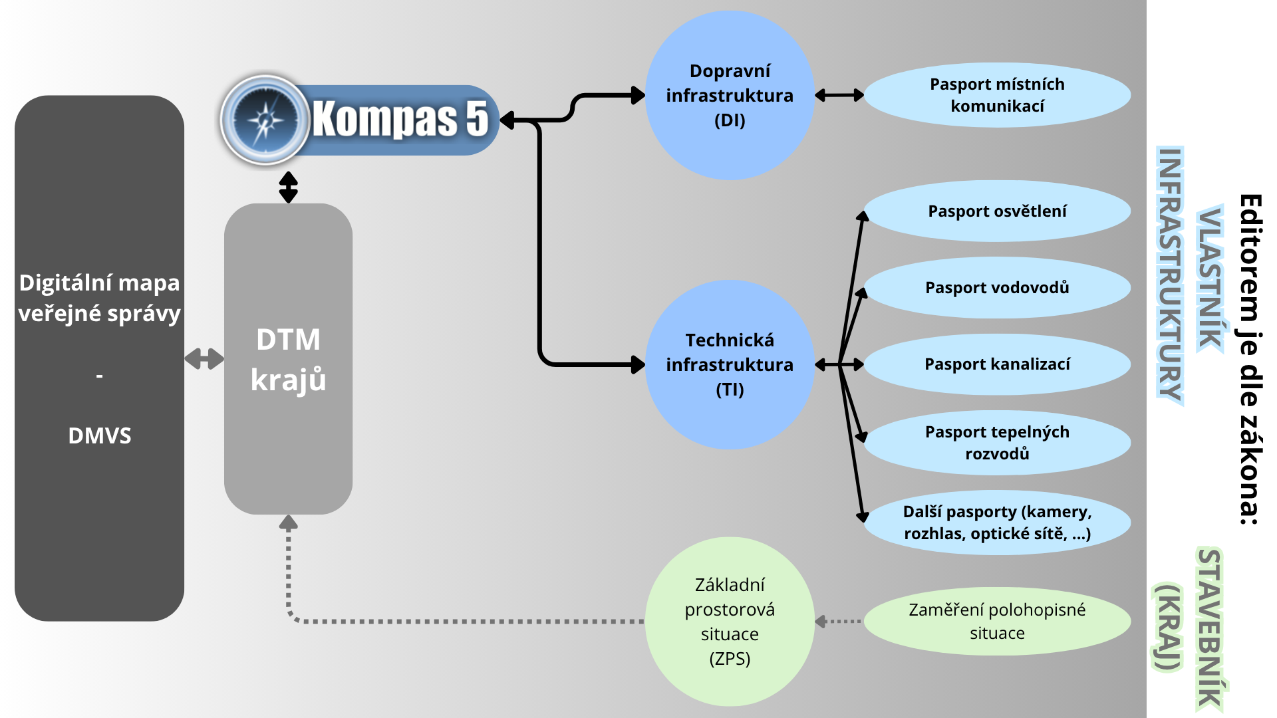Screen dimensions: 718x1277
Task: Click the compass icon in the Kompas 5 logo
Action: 265,120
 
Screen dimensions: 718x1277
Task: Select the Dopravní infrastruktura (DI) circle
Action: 730,95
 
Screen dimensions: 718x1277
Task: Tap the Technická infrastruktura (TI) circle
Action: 730,364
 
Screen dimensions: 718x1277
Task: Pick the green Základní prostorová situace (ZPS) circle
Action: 730,622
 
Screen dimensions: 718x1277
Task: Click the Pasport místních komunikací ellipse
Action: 997,95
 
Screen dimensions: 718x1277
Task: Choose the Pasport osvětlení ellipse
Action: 997,211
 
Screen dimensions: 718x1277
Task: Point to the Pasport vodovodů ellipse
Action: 997,288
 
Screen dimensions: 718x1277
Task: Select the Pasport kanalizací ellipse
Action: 997,364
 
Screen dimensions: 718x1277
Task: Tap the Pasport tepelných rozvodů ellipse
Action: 997,443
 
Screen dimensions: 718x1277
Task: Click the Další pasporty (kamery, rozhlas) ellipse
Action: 997,523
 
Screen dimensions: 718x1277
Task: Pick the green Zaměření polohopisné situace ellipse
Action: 997,622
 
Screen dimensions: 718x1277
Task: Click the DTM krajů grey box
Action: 288,359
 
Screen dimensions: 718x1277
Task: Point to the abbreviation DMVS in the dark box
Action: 100,436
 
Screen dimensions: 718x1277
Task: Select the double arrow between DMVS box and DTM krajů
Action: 204,359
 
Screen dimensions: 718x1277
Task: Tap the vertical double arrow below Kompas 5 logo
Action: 288,187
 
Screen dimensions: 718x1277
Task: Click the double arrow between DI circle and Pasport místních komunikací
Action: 839,95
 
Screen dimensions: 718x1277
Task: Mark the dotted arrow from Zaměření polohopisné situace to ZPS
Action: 839,622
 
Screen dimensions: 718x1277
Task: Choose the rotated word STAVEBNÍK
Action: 1210,628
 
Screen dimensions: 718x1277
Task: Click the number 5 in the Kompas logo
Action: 476,120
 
